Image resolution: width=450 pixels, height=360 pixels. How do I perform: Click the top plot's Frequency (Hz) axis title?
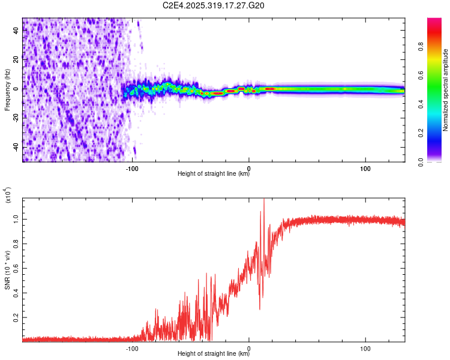7,90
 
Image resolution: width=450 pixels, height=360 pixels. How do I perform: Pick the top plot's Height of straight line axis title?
214,174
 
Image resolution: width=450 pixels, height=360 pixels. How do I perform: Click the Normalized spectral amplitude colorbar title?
446,90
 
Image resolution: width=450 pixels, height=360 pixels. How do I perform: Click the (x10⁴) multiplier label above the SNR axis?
8,195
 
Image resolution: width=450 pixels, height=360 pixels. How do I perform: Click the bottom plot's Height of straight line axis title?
214,354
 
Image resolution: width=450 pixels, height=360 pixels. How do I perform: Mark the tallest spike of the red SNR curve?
264,200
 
